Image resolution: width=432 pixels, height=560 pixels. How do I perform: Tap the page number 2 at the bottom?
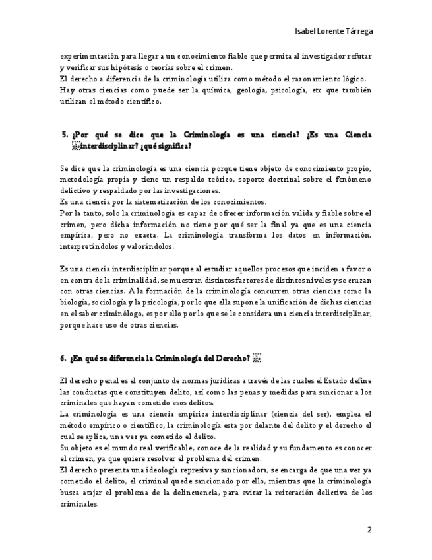369,530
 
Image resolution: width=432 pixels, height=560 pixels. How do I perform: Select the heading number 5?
64,135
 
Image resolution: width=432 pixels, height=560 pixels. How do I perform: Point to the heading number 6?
63,359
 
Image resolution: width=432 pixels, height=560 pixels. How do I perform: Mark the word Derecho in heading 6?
229,359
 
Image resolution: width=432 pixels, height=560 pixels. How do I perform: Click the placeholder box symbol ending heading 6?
257,359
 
